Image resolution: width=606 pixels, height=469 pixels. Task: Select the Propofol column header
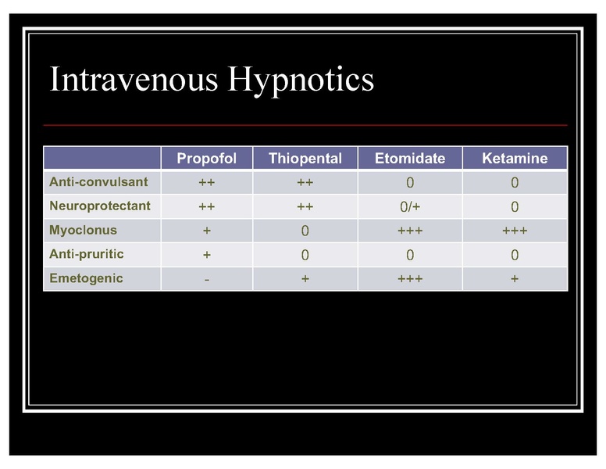pos(206,158)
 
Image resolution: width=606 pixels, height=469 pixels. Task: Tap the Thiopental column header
pos(305,158)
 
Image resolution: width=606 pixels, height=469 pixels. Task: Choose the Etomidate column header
pos(410,158)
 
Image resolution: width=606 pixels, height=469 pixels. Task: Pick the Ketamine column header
pos(515,158)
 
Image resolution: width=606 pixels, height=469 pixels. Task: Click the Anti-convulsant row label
pos(98,182)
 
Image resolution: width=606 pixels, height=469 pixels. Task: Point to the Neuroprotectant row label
pos(100,206)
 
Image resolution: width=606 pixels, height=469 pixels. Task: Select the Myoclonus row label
pos(83,231)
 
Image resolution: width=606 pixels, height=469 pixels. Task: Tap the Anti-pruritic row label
pos(86,254)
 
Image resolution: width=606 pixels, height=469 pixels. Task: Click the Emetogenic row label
pos(86,278)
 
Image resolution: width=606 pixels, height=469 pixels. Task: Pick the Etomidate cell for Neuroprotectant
pos(410,207)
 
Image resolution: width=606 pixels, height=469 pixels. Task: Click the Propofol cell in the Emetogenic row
pos(206,279)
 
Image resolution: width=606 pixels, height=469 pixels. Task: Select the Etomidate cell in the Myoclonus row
pos(410,231)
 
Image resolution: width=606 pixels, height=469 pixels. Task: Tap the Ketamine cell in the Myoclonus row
pos(515,231)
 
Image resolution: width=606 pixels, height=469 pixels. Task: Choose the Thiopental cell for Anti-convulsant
pos(305,183)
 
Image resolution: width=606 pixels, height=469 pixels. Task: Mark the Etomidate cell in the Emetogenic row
pos(410,279)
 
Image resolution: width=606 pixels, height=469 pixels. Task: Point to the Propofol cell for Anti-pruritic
pos(206,255)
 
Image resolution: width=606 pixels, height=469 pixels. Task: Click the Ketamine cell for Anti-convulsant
pos(515,183)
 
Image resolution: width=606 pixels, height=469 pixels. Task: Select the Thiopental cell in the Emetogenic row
pos(305,279)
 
